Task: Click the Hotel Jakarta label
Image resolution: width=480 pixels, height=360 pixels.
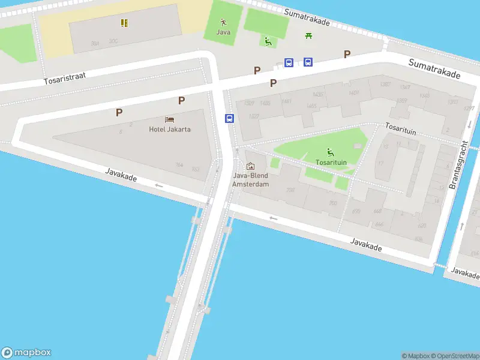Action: [170, 129]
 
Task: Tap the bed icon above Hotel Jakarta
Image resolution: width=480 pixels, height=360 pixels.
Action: [170, 120]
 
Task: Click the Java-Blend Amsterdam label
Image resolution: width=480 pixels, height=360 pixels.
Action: [251, 179]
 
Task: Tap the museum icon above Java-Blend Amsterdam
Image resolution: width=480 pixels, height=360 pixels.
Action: [250, 166]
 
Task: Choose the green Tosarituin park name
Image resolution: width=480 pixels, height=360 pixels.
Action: [330, 162]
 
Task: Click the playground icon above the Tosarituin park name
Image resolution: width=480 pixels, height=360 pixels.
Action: [329, 152]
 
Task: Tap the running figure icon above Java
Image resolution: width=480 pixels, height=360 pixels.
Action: [223, 22]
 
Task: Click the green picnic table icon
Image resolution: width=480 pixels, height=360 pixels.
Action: [308, 36]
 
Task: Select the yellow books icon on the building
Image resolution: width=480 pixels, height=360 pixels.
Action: [124, 23]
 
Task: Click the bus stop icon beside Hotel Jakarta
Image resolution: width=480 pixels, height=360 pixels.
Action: [229, 118]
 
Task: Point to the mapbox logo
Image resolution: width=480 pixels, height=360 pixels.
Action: [26, 353]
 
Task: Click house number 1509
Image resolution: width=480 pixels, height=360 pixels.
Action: [249, 103]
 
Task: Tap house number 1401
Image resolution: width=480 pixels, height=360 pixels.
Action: [353, 92]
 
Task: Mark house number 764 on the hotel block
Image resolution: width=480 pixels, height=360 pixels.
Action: [179, 165]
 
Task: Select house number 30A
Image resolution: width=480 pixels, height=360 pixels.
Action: [95, 43]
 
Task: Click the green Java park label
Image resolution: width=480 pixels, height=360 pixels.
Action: [223, 32]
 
